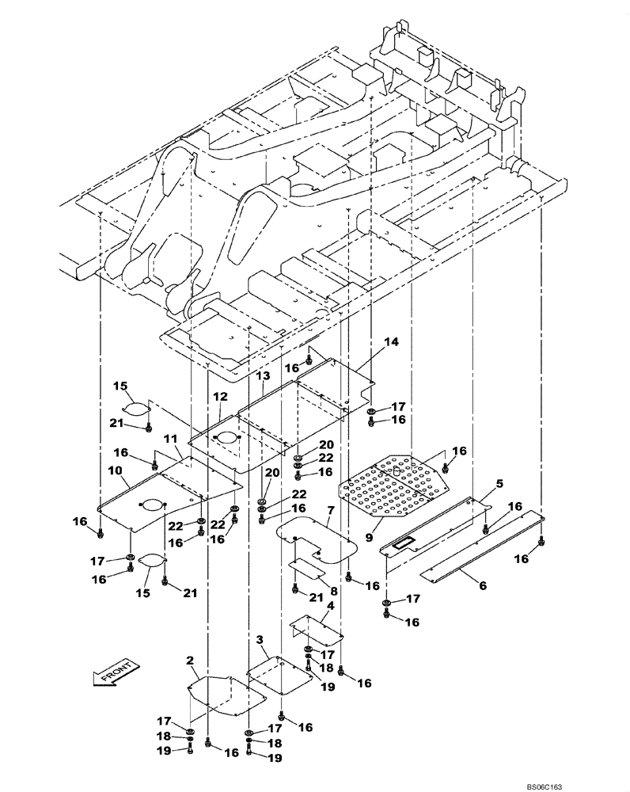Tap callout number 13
pyautogui.click(x=262, y=374)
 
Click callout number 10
pyautogui.click(x=115, y=470)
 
